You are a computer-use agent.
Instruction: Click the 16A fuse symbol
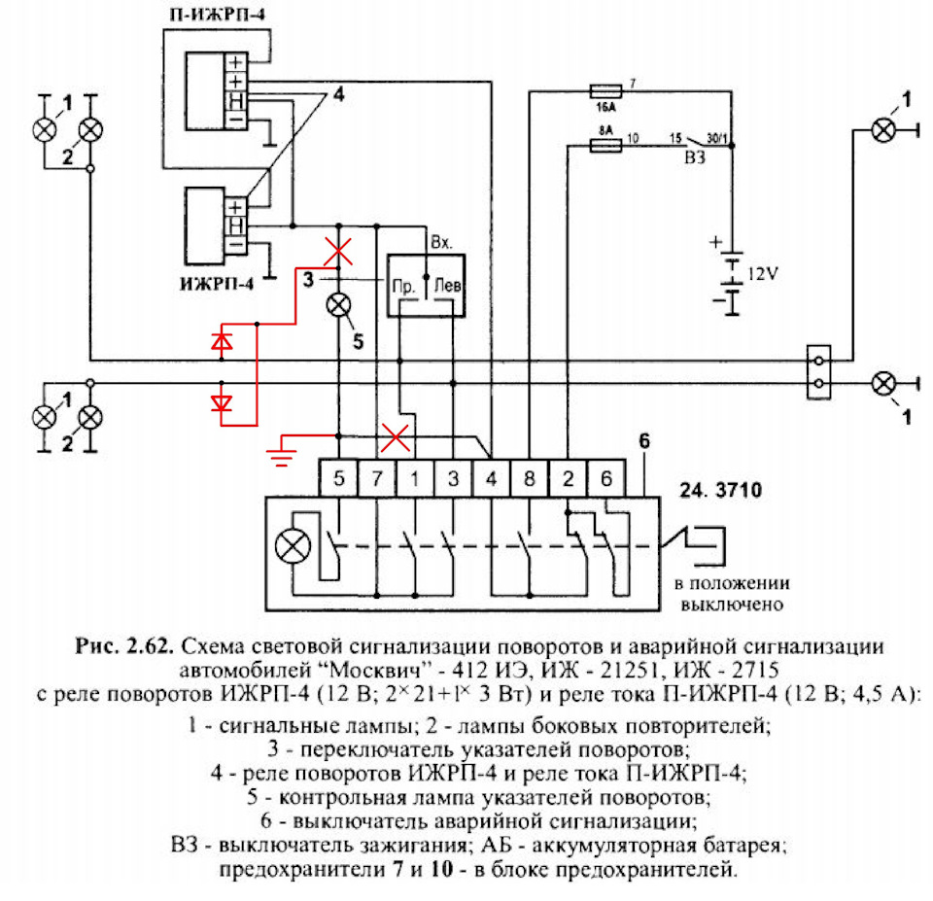(x=605, y=91)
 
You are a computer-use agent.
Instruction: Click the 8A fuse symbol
(x=605, y=145)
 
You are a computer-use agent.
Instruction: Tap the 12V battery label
(x=762, y=274)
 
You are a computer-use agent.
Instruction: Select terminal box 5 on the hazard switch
(x=338, y=478)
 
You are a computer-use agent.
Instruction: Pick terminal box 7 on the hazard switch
(x=377, y=478)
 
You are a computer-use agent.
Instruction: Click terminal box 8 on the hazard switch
(x=530, y=478)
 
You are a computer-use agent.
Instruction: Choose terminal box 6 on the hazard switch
(x=606, y=478)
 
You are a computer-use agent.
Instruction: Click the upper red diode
(x=222, y=341)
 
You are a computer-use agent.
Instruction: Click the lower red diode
(x=222, y=403)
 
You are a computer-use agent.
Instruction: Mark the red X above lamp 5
(x=338, y=251)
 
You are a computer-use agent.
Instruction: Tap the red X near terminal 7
(x=396, y=438)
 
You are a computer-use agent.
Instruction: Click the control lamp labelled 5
(x=338, y=306)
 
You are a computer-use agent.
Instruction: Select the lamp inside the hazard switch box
(x=293, y=546)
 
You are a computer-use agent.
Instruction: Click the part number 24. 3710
(x=720, y=490)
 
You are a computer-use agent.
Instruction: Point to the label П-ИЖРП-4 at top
(x=217, y=14)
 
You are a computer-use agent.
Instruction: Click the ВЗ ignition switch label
(x=695, y=157)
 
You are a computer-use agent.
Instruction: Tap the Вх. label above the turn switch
(x=441, y=242)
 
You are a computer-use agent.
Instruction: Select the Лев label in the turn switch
(x=447, y=286)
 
